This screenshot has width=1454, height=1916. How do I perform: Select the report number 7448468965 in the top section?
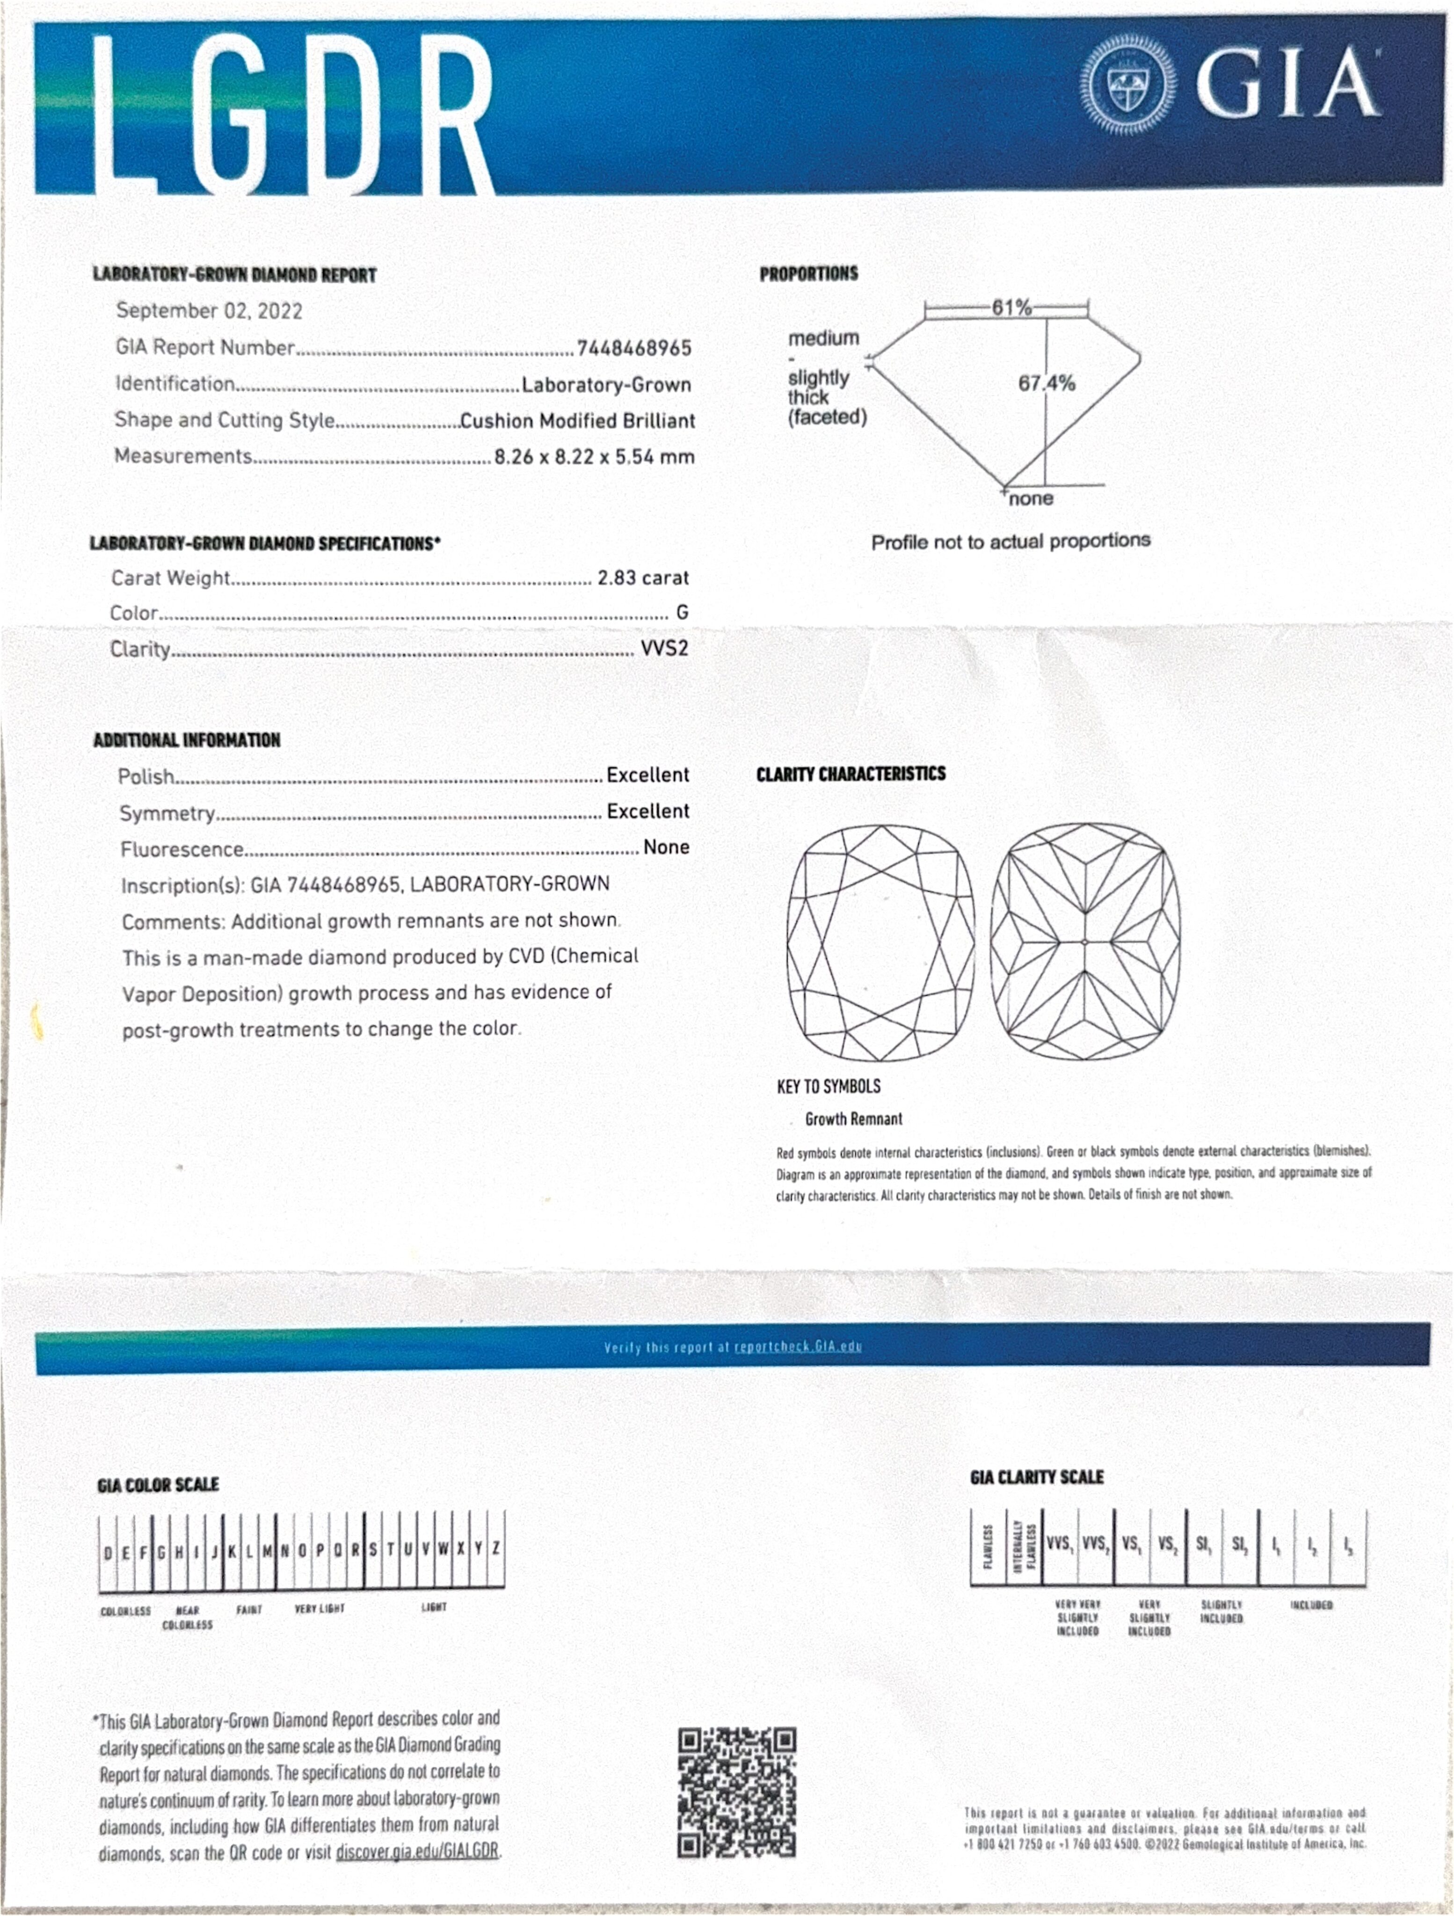click(x=634, y=348)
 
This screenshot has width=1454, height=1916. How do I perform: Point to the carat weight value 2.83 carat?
click(x=643, y=578)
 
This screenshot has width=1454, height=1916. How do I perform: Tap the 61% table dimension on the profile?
click(x=1011, y=307)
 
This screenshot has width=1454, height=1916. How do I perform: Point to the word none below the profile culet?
click(x=1031, y=499)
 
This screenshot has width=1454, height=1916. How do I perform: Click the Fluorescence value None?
click(x=666, y=847)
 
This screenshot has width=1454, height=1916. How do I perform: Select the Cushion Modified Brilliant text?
click(x=577, y=421)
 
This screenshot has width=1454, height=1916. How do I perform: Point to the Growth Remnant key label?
click(x=853, y=1119)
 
